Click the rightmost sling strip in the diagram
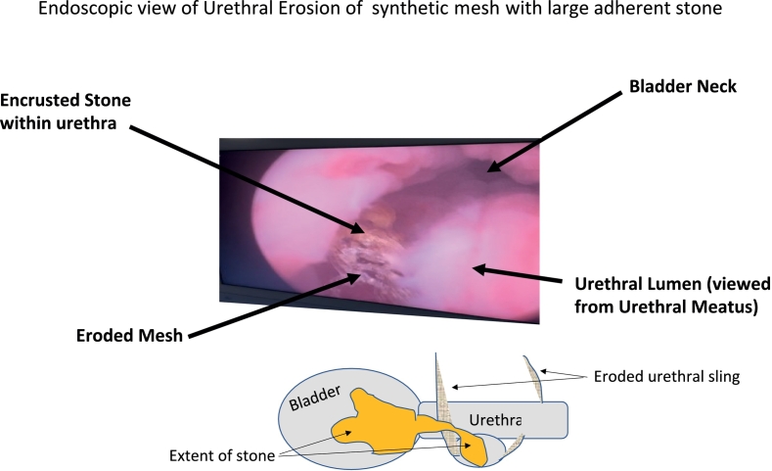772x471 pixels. [533, 379]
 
